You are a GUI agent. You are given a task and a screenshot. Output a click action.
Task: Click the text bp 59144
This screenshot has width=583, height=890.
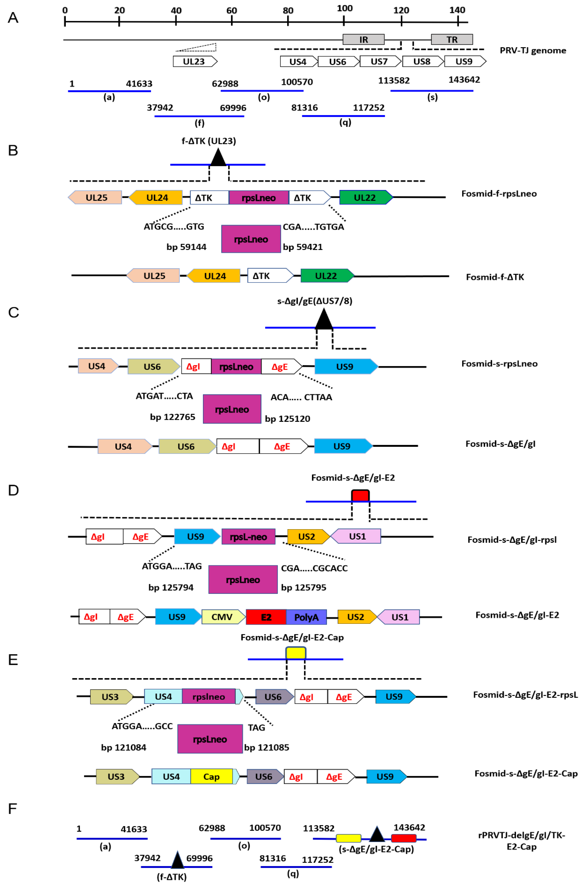coord(186,247)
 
